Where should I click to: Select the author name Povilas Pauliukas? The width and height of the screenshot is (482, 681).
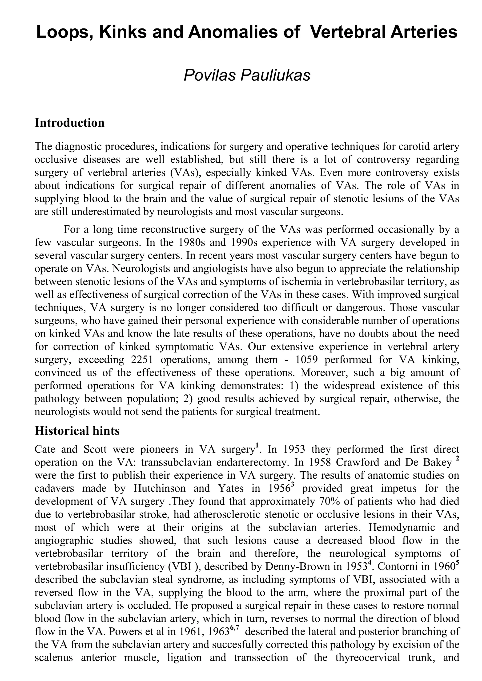point(247,75)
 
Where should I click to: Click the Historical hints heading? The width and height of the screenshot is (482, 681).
point(77,431)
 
